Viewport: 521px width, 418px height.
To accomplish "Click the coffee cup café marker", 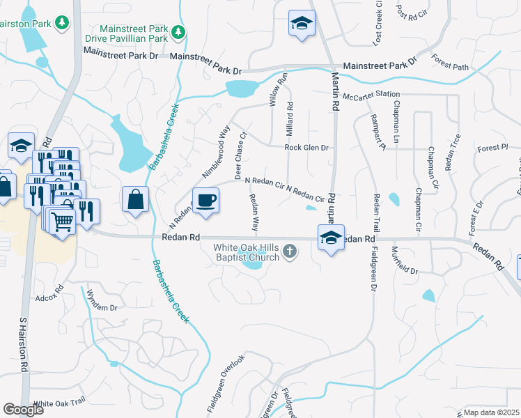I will (x=205, y=201).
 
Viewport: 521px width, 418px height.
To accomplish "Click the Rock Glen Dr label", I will (x=306, y=148).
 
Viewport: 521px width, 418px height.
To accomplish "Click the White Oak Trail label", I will (x=59, y=403).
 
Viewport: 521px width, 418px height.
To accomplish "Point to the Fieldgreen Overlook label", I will (x=226, y=382).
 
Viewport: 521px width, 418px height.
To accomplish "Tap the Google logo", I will (x=23, y=409).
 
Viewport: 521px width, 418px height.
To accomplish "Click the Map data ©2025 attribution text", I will (x=492, y=412).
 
